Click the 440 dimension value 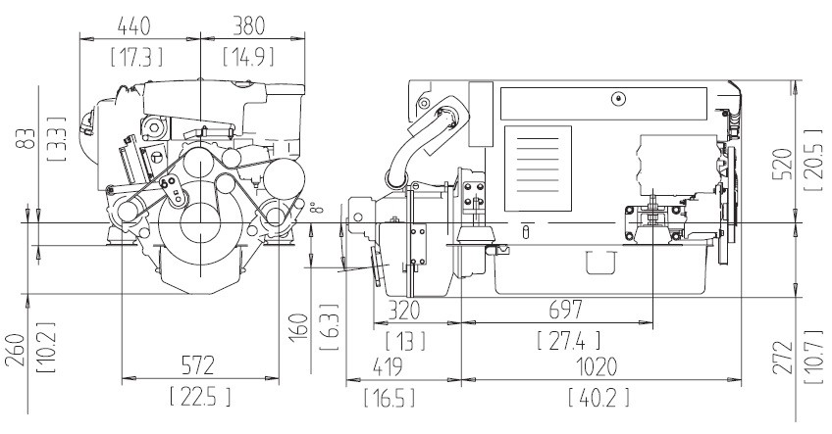pos(133,26)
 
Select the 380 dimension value pos(248,26)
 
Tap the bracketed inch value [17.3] pos(136,57)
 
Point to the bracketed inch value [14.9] pos(248,57)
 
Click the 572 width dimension pos(198,365)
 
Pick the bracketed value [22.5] pos(200,397)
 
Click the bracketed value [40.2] pos(598,397)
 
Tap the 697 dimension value pos(566,310)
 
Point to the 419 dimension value pos(388,366)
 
